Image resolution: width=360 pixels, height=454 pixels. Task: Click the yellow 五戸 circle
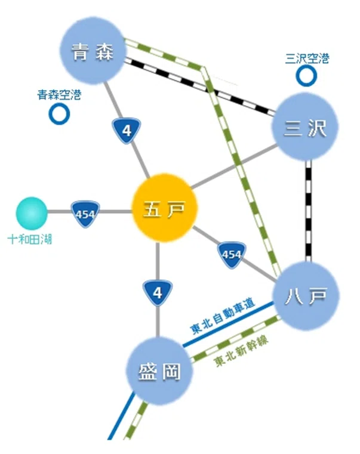tap(164, 208)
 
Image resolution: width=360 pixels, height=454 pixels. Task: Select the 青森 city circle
tap(93, 51)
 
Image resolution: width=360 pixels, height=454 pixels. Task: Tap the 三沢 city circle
tap(305, 127)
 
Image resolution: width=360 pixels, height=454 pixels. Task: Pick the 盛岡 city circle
tap(159, 371)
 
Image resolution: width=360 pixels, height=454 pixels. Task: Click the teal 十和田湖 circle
tap(31, 213)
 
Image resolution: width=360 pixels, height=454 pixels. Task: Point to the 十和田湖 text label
tap(30, 239)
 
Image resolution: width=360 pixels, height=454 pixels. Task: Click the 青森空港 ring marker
tap(59, 114)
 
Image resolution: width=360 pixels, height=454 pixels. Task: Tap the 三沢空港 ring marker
tap(306, 76)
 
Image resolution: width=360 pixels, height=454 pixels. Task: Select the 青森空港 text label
tap(59, 95)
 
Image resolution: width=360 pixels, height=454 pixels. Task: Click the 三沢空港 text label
tap(307, 58)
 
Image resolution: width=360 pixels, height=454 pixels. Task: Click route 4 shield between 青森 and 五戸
tap(127, 130)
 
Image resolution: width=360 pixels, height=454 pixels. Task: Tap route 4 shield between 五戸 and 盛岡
tap(158, 293)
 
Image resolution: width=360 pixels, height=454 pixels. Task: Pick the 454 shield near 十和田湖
tap(85, 214)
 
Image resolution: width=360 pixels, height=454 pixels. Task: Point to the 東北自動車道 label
tap(223, 316)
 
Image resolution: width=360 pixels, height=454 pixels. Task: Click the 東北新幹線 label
tap(242, 351)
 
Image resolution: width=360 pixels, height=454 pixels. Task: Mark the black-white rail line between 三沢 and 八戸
tap(309, 211)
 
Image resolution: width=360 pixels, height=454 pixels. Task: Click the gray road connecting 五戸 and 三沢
tap(233, 167)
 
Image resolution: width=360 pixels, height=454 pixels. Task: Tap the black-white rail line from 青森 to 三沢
tap(200, 87)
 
